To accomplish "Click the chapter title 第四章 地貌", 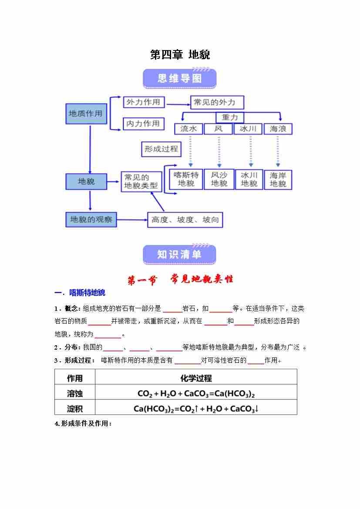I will [x=180, y=55].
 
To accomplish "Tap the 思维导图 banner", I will [x=179, y=78].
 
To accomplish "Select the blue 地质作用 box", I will [x=86, y=114].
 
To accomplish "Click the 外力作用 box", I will [x=143, y=102].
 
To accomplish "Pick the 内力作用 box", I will [x=143, y=124].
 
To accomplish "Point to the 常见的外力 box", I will [x=217, y=102].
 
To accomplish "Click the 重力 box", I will [x=230, y=118].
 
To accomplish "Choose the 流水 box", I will [x=188, y=129].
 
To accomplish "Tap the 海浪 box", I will [x=278, y=129].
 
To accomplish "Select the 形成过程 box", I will [x=161, y=149].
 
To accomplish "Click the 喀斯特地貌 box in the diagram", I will [x=186, y=179].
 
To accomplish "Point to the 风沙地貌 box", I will [x=219, y=179].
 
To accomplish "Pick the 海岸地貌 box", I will [x=278, y=179].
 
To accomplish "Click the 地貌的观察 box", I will [x=91, y=219].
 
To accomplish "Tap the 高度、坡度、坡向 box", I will [x=185, y=220].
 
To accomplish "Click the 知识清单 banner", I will [x=179, y=254].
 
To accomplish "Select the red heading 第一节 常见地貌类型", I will [x=180, y=280].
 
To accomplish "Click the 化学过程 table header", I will [x=196, y=378].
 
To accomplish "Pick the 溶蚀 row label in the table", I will [x=75, y=393].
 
